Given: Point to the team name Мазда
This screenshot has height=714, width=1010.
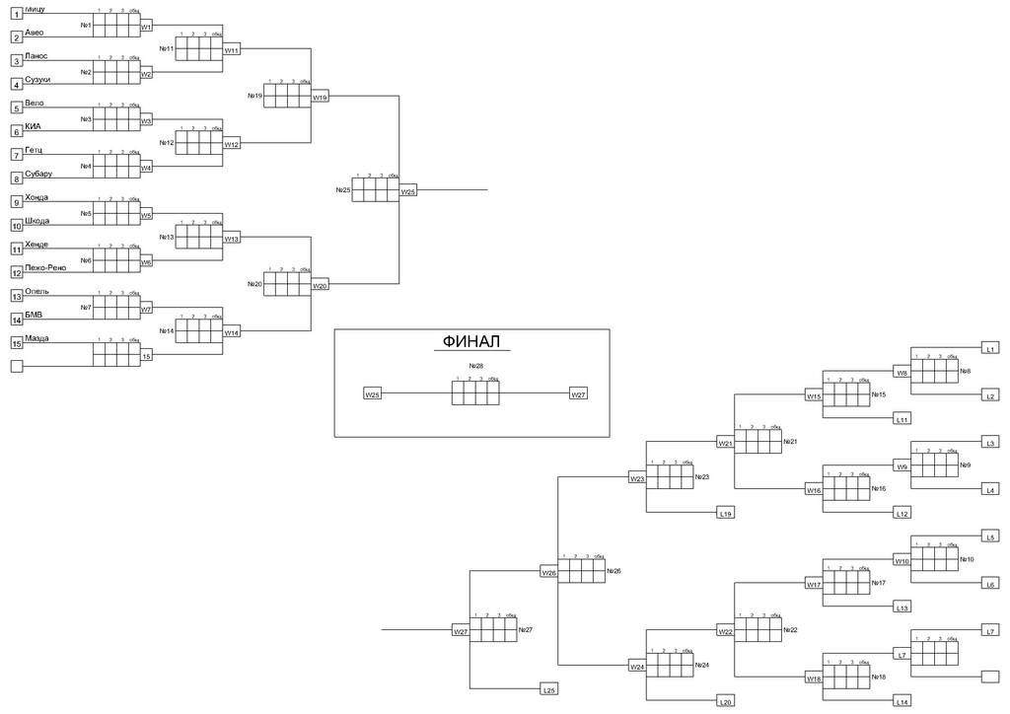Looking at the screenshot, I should click(x=37, y=338).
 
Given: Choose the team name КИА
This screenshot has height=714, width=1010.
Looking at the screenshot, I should click(x=34, y=126).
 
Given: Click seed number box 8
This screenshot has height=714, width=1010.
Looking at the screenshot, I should click(x=16, y=178).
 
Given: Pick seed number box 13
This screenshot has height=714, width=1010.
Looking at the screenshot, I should click(x=16, y=296).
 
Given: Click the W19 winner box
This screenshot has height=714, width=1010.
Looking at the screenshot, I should click(x=320, y=98).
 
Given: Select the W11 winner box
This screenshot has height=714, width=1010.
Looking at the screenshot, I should click(x=232, y=49).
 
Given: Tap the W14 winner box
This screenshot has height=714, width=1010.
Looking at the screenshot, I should click(x=232, y=333).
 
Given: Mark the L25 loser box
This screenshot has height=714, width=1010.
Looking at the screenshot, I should click(x=549, y=690).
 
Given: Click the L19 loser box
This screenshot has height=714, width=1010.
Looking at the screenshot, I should click(x=725, y=514).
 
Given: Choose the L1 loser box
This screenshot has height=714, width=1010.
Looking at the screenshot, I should click(x=991, y=348).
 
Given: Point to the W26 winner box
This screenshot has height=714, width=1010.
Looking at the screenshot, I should click(x=549, y=572).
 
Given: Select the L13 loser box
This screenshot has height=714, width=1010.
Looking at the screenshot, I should click(x=902, y=608).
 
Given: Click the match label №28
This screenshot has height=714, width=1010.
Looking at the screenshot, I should click(x=476, y=366).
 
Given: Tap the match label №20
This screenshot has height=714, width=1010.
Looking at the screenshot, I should click(x=254, y=284).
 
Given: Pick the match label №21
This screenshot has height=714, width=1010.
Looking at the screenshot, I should click(x=789, y=442).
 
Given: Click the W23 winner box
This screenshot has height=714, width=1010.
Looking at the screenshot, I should click(x=637, y=479).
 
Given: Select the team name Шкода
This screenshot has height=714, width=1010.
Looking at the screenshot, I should click(x=37, y=221).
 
